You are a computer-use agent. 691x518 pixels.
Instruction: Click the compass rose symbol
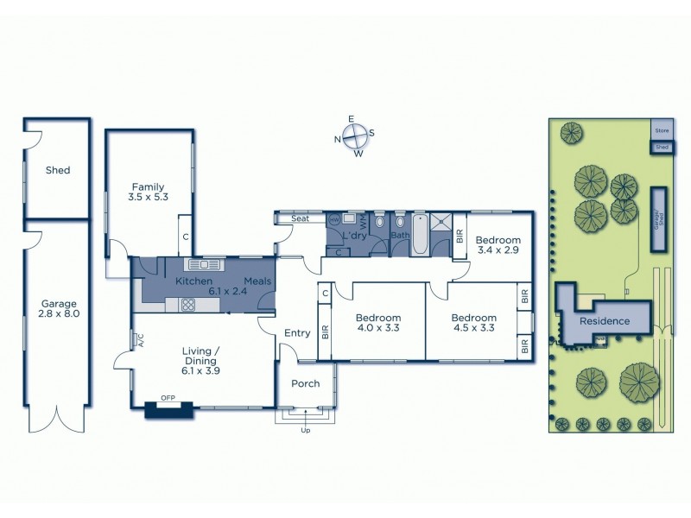point(355,136)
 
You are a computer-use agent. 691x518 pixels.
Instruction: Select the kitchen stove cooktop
point(187,303)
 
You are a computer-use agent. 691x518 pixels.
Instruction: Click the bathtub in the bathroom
point(419,235)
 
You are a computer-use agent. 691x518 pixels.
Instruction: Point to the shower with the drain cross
point(441,222)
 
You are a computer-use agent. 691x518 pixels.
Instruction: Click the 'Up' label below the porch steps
point(305,430)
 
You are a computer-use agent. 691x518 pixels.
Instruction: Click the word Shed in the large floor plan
point(58,171)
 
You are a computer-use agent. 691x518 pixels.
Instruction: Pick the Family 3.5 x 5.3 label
point(148,192)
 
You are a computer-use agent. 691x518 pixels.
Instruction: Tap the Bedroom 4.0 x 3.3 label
point(378,323)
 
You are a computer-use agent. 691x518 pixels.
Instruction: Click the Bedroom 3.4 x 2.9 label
point(498,245)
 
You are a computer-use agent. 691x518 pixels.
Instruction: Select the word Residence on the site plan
point(605,321)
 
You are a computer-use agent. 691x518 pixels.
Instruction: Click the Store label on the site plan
point(662,130)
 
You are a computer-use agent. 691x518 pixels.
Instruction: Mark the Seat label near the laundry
point(300,219)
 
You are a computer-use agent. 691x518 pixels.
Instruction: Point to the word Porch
point(306,384)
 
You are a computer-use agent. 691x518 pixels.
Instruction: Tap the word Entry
point(297,333)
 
